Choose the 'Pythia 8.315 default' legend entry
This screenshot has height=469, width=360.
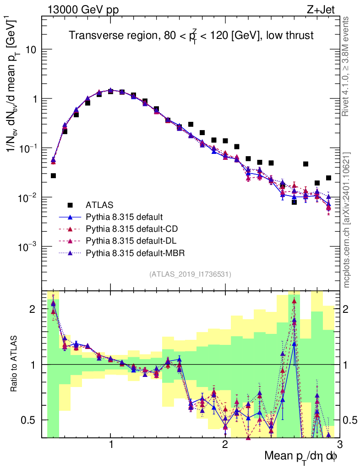click(125, 217)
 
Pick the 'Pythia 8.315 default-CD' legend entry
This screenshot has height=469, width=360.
click(131, 229)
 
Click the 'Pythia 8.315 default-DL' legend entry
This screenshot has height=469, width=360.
click(130, 240)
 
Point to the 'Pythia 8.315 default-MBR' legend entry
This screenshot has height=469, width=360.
click(133, 252)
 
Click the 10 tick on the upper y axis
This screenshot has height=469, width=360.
click(30, 49)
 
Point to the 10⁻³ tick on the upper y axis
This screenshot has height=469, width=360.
click(27, 247)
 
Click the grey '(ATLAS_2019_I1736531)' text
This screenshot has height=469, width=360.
click(190, 274)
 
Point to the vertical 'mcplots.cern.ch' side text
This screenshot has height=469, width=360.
click(347, 220)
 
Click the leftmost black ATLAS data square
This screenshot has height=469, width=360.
click(53, 176)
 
